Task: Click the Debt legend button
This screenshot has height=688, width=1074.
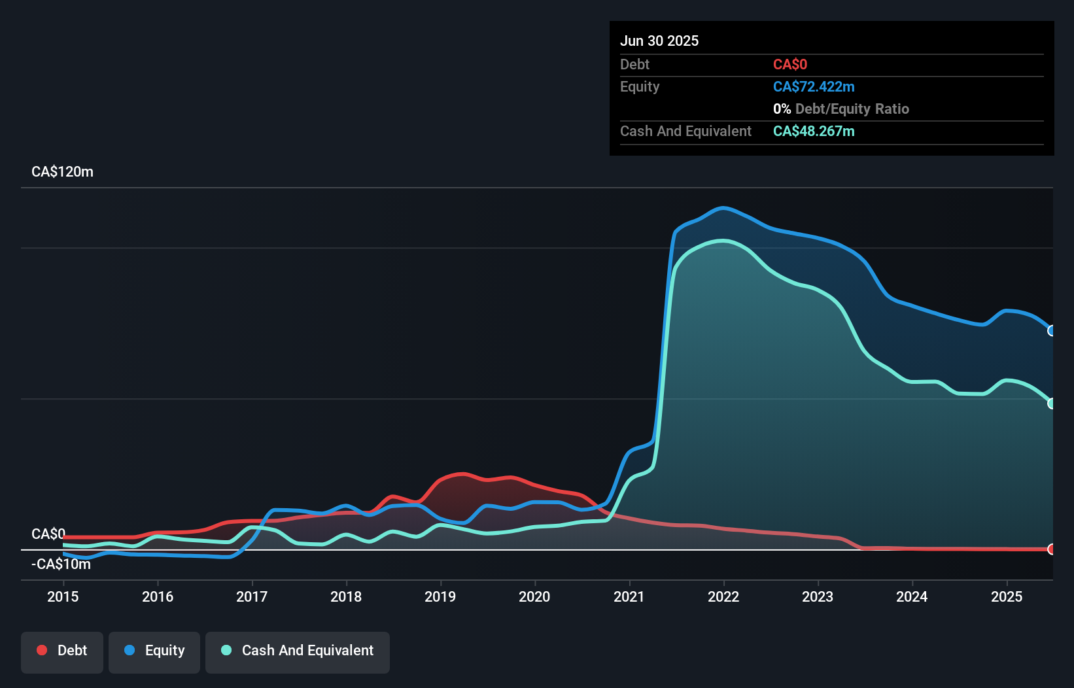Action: (62, 651)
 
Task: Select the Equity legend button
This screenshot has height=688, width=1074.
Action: (154, 651)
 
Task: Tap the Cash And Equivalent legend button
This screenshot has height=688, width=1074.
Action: (298, 651)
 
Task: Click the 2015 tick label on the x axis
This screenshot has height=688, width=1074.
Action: (63, 596)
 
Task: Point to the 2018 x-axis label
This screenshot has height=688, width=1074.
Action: (346, 596)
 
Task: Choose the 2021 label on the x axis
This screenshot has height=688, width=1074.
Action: (629, 596)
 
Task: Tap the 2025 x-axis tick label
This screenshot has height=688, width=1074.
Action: (1007, 596)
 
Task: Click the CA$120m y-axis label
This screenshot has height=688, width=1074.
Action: (62, 172)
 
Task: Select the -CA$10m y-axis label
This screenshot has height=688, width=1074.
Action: (61, 564)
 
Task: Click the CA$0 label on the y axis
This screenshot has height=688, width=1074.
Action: (48, 534)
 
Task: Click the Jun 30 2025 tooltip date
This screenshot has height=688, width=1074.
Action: (659, 41)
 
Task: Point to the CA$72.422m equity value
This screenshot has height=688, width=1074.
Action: (814, 87)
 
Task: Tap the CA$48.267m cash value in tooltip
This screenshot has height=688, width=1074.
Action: (814, 131)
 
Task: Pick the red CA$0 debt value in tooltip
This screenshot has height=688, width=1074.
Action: (790, 65)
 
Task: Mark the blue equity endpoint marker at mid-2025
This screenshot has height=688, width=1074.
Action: (1052, 331)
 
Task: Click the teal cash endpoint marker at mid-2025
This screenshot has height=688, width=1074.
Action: (1052, 404)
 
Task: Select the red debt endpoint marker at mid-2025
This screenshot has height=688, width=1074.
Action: (1052, 549)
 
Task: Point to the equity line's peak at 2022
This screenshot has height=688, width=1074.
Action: (723, 208)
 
